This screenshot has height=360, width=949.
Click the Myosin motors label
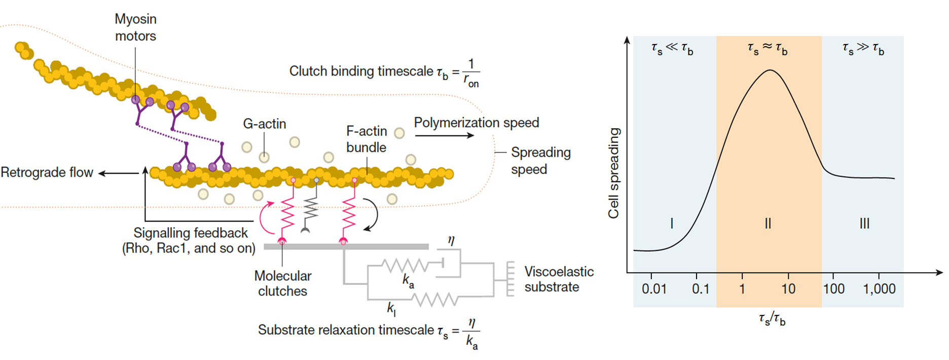[135, 27]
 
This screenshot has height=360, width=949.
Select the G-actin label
[264, 124]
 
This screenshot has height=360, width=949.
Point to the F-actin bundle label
[366, 139]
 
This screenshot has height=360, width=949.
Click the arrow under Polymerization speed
[444, 135]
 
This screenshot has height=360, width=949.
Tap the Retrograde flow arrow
[118, 173]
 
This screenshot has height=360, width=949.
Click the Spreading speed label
[540, 161]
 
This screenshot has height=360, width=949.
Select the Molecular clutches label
[282, 283]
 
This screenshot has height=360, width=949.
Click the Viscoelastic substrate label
[559, 279]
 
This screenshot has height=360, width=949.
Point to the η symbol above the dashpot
[451, 240]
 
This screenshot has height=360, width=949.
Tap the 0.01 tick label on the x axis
[654, 289]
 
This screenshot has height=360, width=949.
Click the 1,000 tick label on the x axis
[879, 289]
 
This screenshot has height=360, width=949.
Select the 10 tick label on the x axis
[788, 289]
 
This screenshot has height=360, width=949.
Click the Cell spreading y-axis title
[614, 173]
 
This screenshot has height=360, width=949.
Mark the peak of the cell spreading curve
[770, 70]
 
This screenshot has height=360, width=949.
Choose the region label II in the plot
[768, 223]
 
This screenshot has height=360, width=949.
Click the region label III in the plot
[864, 223]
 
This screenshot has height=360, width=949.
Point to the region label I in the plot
[672, 223]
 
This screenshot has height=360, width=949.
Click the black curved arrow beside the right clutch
[374, 214]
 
